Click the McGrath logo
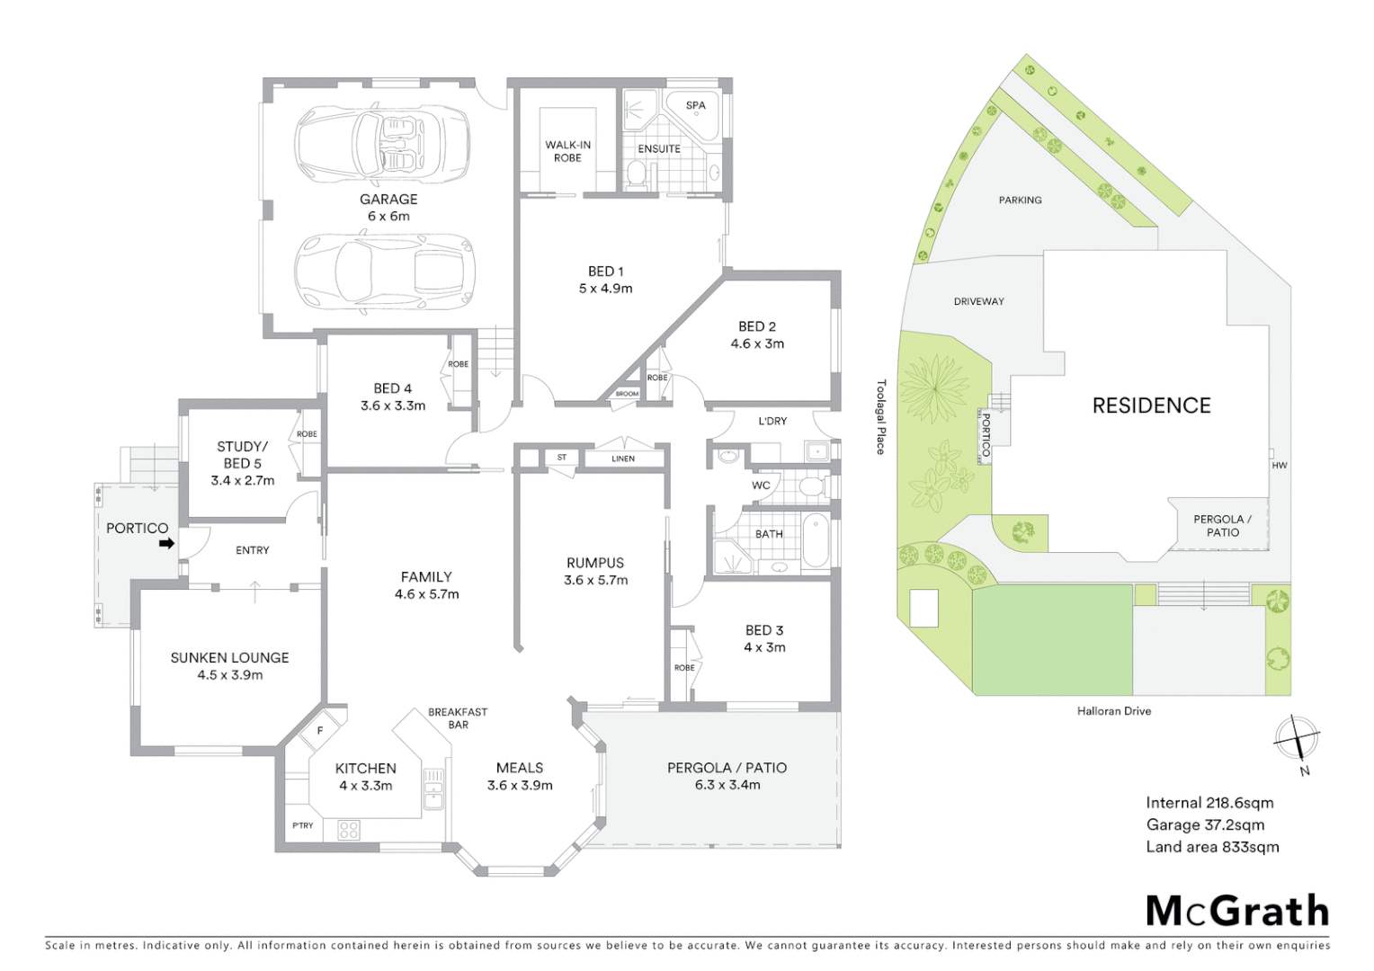point(1237,911)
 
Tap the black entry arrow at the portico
point(166,544)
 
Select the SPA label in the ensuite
point(695,105)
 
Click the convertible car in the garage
point(382,142)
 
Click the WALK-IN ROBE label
point(567,151)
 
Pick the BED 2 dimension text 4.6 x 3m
point(757,343)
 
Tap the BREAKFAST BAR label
point(458,718)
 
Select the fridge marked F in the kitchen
point(319,731)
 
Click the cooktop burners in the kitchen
point(349,830)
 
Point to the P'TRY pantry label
point(303,825)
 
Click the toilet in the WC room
point(812,487)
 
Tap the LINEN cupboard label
point(623,459)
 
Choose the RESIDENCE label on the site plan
point(1151,405)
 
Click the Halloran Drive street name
point(1114,711)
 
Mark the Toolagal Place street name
point(881,416)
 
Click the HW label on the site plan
point(1280,466)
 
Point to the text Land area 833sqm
point(1212,847)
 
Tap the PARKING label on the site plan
point(1020,200)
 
